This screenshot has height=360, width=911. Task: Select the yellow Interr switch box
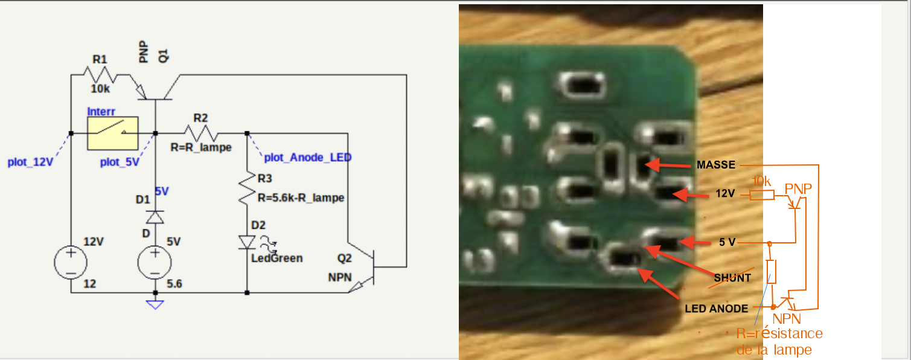tap(113, 133)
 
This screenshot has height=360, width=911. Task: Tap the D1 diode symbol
tap(156, 216)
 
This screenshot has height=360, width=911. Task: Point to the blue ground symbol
tap(156, 304)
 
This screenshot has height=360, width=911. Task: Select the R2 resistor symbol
tap(200, 133)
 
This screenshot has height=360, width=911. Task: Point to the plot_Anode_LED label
tap(308, 158)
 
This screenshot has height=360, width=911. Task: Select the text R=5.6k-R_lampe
tap(301, 198)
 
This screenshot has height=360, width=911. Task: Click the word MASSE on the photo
tap(715, 165)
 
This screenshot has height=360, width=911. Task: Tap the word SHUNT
tap(732, 278)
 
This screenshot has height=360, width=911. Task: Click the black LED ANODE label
tap(716, 309)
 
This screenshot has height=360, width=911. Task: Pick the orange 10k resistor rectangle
tap(762, 195)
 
